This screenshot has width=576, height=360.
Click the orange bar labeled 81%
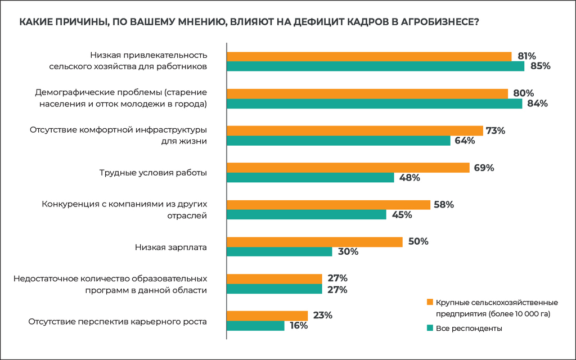pos(369,56)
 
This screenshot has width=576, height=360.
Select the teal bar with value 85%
pos(375,66)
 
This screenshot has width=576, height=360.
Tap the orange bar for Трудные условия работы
pos(348,168)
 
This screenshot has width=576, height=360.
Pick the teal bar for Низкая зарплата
pos(279,252)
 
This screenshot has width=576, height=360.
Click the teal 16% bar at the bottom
pos(255,326)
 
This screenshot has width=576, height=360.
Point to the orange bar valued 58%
pos(328,205)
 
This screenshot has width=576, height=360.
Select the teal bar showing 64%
pos(338,141)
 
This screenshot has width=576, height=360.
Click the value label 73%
pos(496,130)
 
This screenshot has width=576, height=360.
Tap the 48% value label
pos(409,178)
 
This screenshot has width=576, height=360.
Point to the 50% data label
pos(418,242)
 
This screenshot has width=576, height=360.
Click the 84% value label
pos(537,103)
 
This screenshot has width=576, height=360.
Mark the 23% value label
pos(322,316)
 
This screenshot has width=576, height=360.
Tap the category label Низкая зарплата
pos(171,247)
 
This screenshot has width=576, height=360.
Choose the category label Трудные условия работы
pos(153,173)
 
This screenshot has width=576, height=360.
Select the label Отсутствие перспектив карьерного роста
pos(118,322)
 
